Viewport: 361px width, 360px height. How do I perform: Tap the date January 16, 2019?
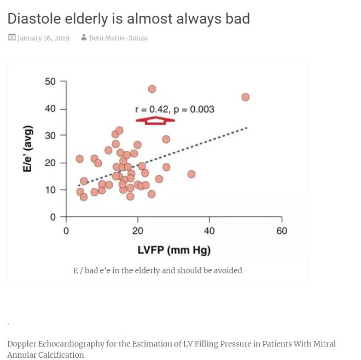(43, 38)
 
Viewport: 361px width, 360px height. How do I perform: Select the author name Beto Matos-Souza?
(118, 38)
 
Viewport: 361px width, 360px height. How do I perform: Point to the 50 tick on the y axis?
(51, 82)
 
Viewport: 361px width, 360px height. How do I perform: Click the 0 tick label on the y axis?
(54, 217)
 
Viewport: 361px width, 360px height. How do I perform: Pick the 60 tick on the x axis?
(281, 231)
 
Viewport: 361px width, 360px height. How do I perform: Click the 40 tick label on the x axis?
(209, 231)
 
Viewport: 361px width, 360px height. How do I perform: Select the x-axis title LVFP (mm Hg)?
(174, 250)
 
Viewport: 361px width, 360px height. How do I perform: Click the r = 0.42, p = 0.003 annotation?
(174, 109)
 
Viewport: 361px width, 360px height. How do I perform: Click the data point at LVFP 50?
(245, 97)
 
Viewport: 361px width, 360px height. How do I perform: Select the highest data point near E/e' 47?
(152, 89)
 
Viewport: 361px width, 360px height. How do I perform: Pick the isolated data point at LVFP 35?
(191, 174)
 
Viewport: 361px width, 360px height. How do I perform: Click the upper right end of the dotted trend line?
(247, 128)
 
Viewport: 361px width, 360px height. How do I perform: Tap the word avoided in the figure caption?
(228, 270)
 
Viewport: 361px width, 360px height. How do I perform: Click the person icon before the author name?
(84, 38)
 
